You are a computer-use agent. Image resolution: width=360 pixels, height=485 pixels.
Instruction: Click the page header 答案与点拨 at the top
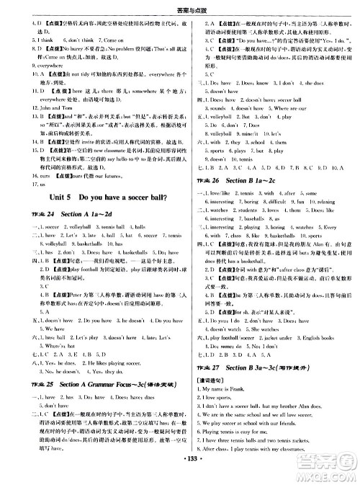point(180,6)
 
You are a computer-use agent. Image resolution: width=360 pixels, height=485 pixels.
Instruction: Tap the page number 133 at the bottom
point(180,477)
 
